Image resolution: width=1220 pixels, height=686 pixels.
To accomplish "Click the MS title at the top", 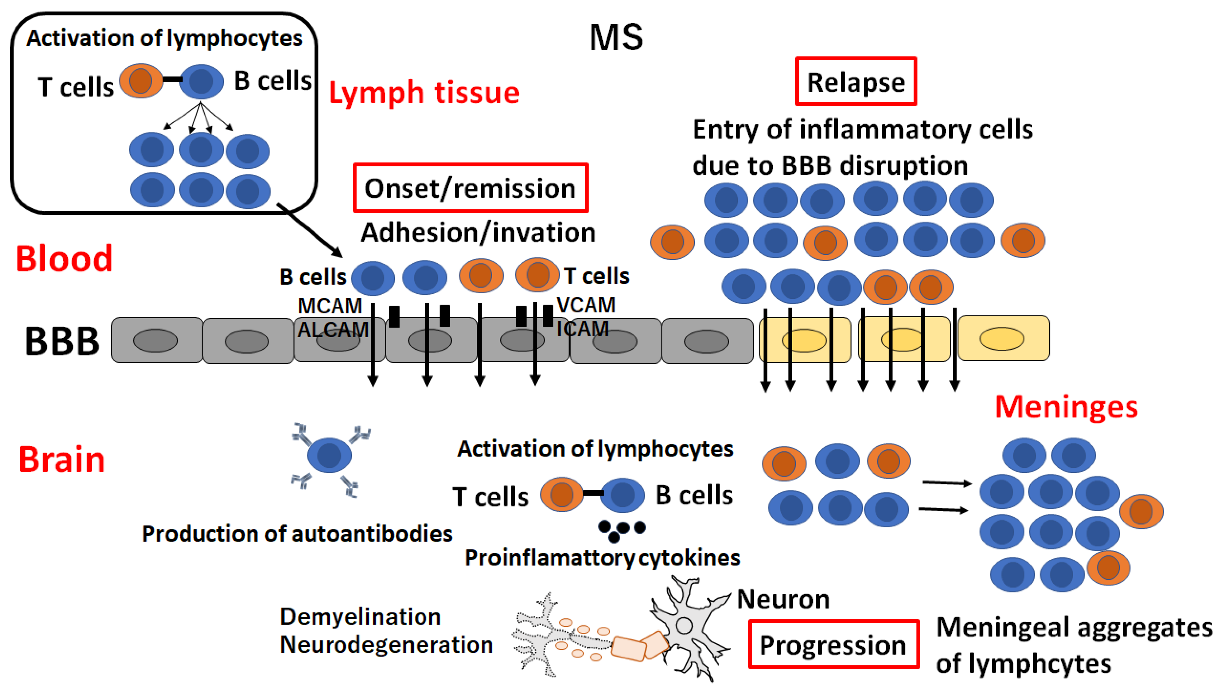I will pyautogui.click(x=616, y=38).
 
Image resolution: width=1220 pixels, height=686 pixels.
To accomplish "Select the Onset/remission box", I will pyautogui.click(x=470, y=188).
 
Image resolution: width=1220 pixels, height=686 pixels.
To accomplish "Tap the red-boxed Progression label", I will pyautogui.click(x=833, y=644).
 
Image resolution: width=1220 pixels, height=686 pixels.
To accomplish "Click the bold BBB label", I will pyautogui.click(x=61, y=341).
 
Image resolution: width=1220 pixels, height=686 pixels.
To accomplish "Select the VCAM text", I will pyautogui.click(x=586, y=305).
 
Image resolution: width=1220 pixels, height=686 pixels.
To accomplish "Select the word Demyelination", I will pyautogui.click(x=360, y=616).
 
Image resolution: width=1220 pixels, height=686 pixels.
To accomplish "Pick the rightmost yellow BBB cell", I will pyautogui.click(x=1003, y=338).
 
